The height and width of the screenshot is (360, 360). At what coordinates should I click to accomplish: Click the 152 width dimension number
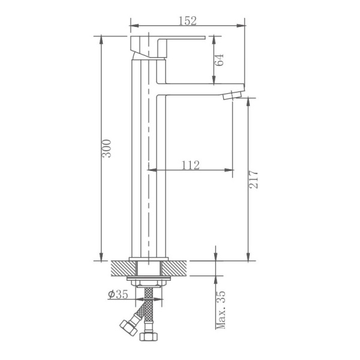pos(188,21)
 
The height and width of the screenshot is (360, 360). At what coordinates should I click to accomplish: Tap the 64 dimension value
pos(220,60)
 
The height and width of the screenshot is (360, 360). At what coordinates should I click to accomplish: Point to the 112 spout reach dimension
pos(189,165)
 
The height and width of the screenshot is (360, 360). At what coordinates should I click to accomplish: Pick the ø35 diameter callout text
pos(118,294)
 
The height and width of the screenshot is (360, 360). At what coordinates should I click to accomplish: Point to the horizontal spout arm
pos(198,87)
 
